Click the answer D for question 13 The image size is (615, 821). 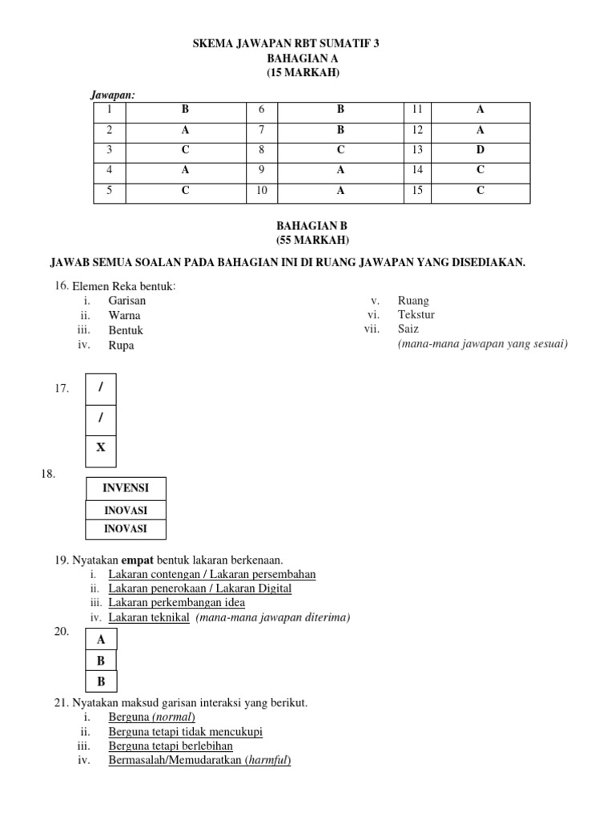pos(480,150)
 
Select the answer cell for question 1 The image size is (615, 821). pos(185,109)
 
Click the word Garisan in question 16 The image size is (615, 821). pos(127,301)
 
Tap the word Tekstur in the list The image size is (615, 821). pos(416,315)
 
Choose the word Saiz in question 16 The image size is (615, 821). pos(408,330)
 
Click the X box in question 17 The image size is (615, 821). pos(101,447)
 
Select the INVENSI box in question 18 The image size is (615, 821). pos(126,487)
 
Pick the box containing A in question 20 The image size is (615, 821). pos(101,639)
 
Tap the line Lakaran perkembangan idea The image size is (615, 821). pos(177,602)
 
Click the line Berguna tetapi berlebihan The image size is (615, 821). pos(171,746)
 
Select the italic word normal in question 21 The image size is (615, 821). pos(174,717)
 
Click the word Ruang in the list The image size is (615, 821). pos(413,301)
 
